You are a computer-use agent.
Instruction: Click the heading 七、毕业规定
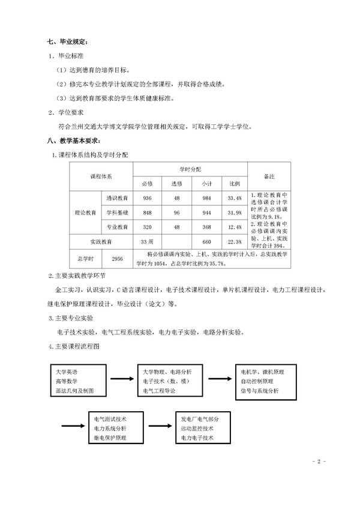tap(68, 42)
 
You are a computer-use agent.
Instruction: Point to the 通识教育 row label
tap(117, 198)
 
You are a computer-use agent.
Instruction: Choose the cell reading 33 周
tap(148, 241)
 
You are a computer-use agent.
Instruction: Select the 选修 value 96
tap(177, 212)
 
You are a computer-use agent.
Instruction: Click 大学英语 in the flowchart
tap(66, 371)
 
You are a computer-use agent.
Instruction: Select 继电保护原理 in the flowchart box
tap(110, 439)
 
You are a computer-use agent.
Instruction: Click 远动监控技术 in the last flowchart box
tap(197, 429)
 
